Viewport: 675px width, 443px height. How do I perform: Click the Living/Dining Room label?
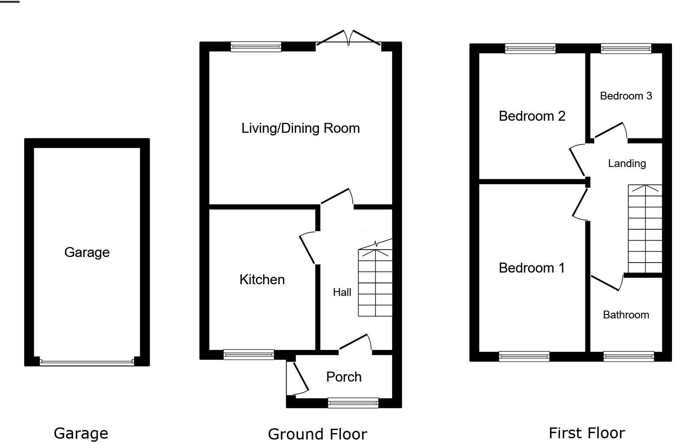300,128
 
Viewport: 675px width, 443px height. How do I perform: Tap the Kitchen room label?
262,279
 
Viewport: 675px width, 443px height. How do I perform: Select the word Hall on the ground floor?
342,292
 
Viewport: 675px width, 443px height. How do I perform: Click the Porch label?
344,377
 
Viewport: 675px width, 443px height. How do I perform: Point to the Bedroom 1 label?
531,268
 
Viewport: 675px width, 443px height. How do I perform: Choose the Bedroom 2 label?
532,116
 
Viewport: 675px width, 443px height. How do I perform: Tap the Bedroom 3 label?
626,96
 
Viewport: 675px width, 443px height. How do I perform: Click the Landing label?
627,164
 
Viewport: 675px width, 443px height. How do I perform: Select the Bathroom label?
626,315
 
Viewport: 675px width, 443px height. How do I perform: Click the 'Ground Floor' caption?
317,433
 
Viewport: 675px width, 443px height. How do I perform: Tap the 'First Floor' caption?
586,433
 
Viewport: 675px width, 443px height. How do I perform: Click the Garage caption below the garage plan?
81,433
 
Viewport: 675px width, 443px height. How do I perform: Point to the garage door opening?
87,362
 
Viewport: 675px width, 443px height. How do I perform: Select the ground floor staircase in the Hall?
375,283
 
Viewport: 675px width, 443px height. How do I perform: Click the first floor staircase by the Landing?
645,229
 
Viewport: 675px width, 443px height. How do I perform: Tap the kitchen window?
249,355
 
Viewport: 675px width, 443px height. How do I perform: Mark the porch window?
353,403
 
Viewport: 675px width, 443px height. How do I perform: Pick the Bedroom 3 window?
626,48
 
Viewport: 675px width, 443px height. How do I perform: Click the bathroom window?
628,356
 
